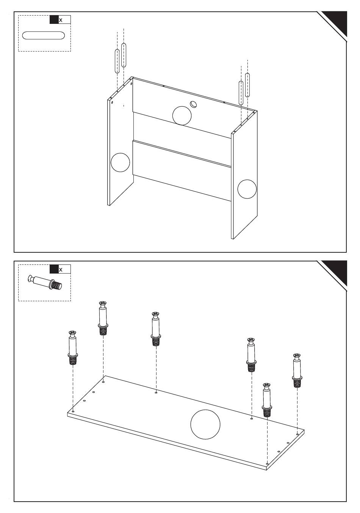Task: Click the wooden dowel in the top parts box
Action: click(43, 36)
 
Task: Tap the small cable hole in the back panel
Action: click(193, 104)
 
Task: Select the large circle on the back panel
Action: click(182, 116)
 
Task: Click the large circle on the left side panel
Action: click(120, 163)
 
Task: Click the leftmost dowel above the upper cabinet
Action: click(117, 61)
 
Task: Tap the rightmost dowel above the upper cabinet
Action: click(247, 85)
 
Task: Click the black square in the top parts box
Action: click(54, 20)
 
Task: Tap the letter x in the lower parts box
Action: click(61, 270)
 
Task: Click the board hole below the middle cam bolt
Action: click(156, 393)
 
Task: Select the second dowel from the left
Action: click(124, 55)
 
